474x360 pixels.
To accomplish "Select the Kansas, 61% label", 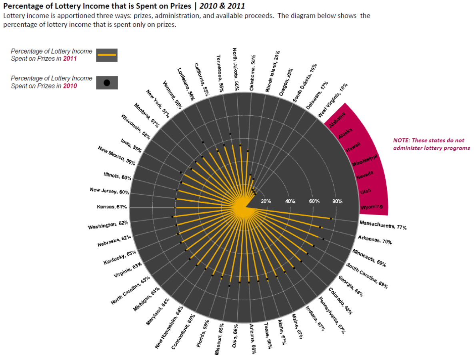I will point(112,207).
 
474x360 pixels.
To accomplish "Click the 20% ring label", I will point(266,201).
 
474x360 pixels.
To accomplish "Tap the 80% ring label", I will point(338,201).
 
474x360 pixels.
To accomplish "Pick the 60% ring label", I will point(314,201).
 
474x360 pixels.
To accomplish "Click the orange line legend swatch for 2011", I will point(107,54).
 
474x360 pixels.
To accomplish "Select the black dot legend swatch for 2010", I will point(107,82).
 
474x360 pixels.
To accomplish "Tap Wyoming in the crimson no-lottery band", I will point(372,207).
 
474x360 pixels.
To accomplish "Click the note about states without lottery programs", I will point(431,144).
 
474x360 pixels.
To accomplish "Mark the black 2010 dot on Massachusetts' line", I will point(331,218).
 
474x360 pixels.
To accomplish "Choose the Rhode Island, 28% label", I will point(272,72).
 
